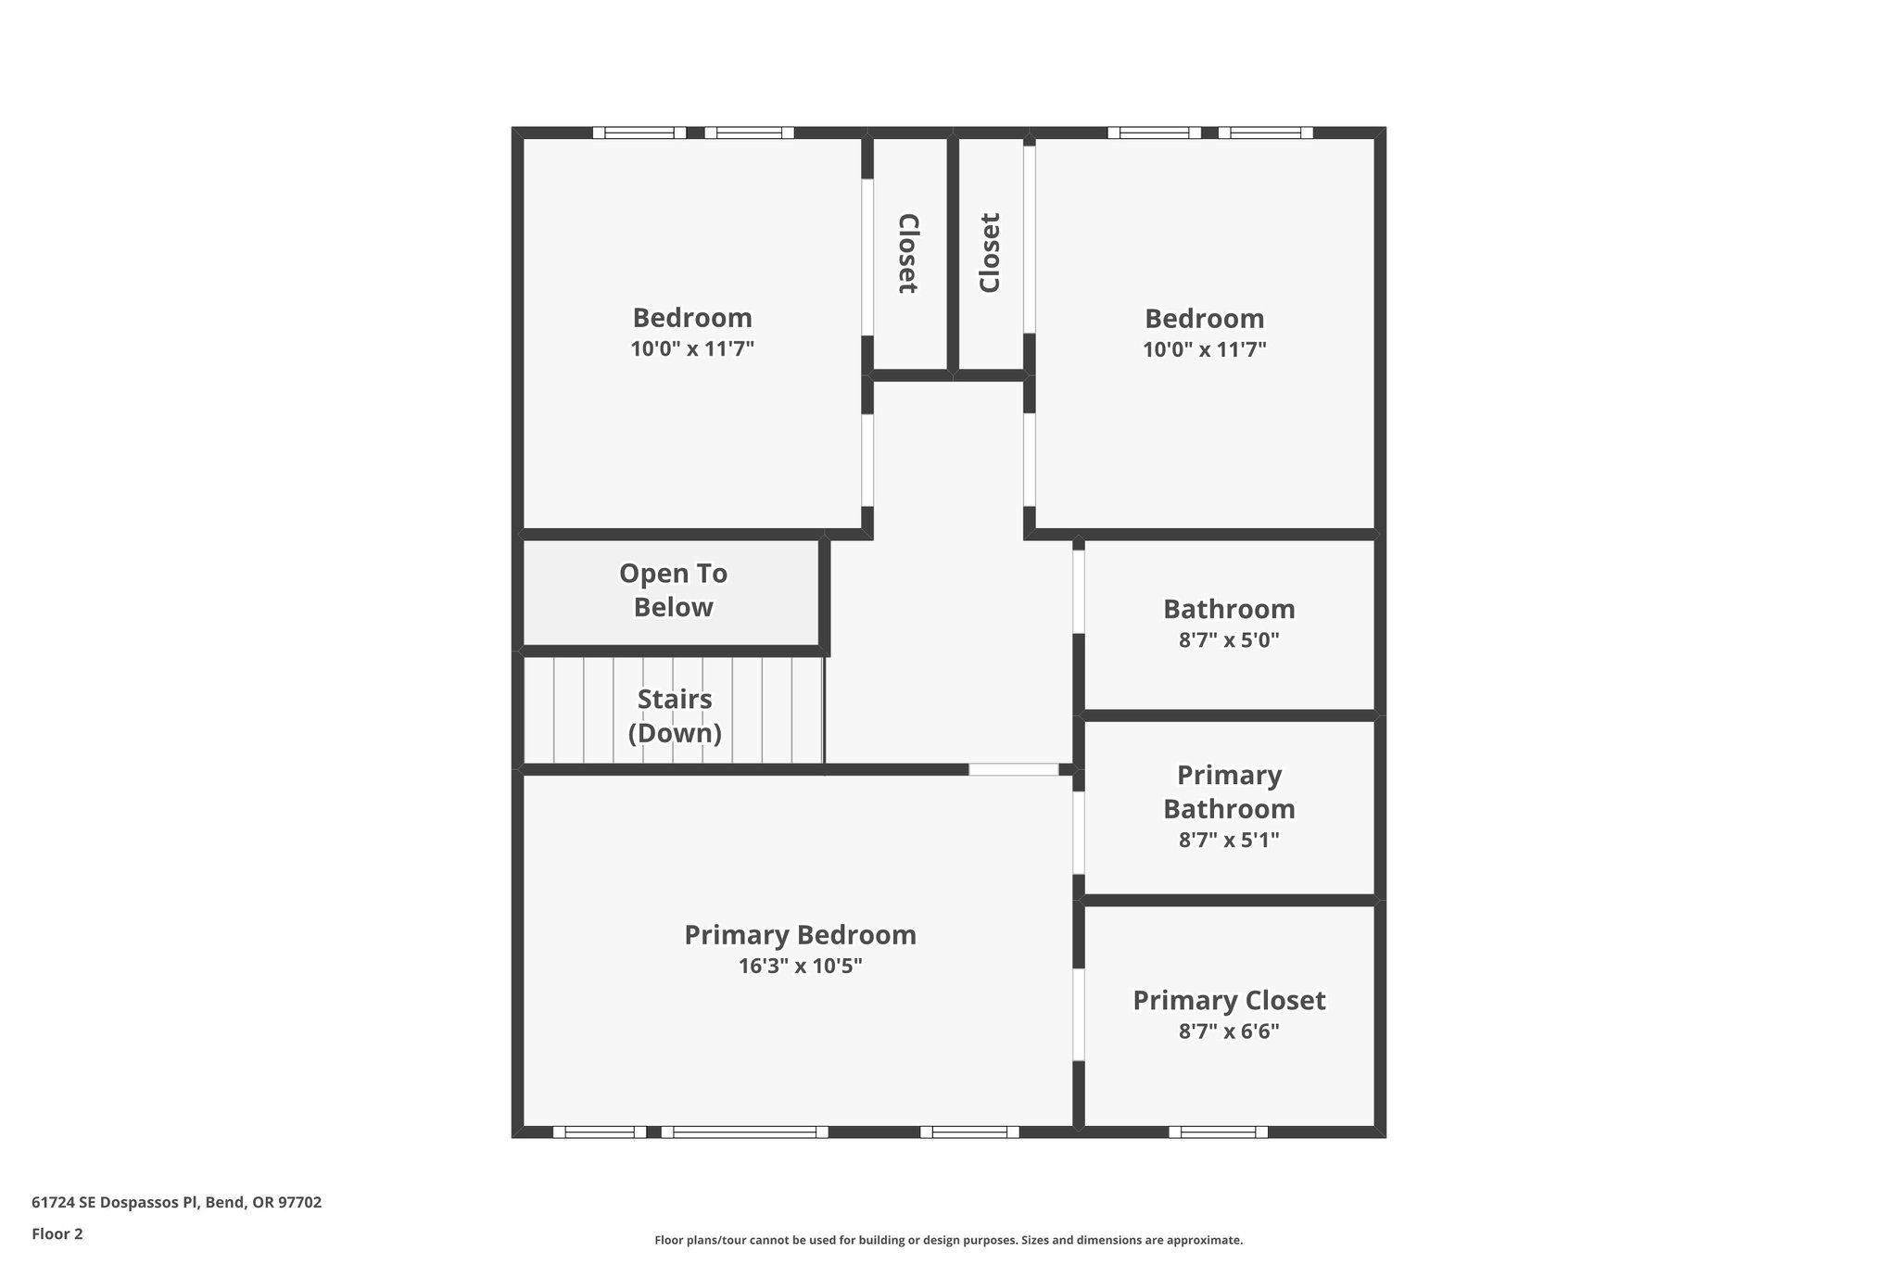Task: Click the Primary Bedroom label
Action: click(800, 935)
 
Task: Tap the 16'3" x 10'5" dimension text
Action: click(800, 967)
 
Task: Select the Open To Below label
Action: click(673, 590)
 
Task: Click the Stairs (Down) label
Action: click(675, 716)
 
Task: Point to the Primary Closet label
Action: click(1229, 1001)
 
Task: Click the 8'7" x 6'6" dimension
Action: click(1229, 1031)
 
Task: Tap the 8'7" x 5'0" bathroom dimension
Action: click(1229, 640)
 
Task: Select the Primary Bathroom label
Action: click(1229, 792)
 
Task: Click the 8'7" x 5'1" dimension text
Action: click(1229, 841)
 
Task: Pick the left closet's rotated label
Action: click(908, 254)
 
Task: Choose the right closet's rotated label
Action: click(990, 254)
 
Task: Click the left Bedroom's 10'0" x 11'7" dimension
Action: click(692, 349)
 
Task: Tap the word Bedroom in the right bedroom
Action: click(1204, 319)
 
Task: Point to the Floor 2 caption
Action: click(57, 1233)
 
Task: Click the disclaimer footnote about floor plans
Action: click(948, 1240)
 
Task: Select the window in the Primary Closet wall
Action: click(1218, 1132)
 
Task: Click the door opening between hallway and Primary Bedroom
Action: click(1014, 769)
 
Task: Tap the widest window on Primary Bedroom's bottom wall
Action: click(744, 1132)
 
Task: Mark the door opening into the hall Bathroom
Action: click(1079, 591)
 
